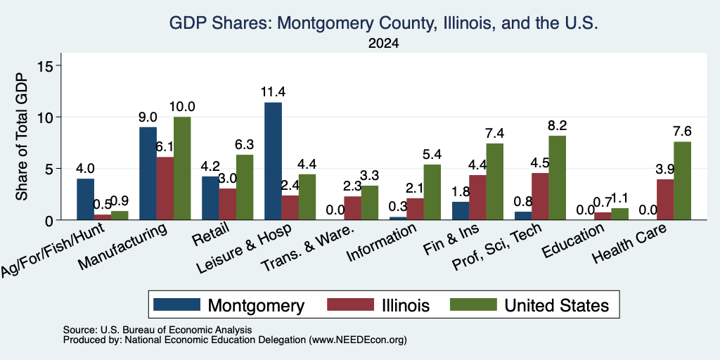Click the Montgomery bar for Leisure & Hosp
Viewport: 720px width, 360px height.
pyautogui.click(x=274, y=161)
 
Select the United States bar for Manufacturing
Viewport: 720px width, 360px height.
pyautogui.click(x=182, y=169)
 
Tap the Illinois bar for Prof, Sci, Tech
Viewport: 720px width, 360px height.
pyautogui.click(x=540, y=197)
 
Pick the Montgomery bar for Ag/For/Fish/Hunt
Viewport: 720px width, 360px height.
pyautogui.click(x=85, y=199)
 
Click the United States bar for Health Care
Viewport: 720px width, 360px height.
pyautogui.click(x=682, y=181)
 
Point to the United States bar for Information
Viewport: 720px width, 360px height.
pyautogui.click(x=432, y=193)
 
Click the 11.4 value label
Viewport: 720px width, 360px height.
pyautogui.click(x=274, y=92)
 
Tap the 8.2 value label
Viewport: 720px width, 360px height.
pyautogui.click(x=557, y=125)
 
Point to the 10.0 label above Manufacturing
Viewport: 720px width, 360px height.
pyautogui.click(x=182, y=107)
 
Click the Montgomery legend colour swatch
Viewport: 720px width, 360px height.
pyautogui.click(x=176, y=304)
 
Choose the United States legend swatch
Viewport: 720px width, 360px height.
pyautogui.click(x=473, y=304)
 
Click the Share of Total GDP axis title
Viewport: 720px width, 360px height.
pyautogui.click(x=22, y=136)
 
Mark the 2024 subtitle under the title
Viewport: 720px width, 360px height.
pyautogui.click(x=383, y=44)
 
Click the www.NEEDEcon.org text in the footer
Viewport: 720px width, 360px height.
pyautogui.click(x=358, y=340)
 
